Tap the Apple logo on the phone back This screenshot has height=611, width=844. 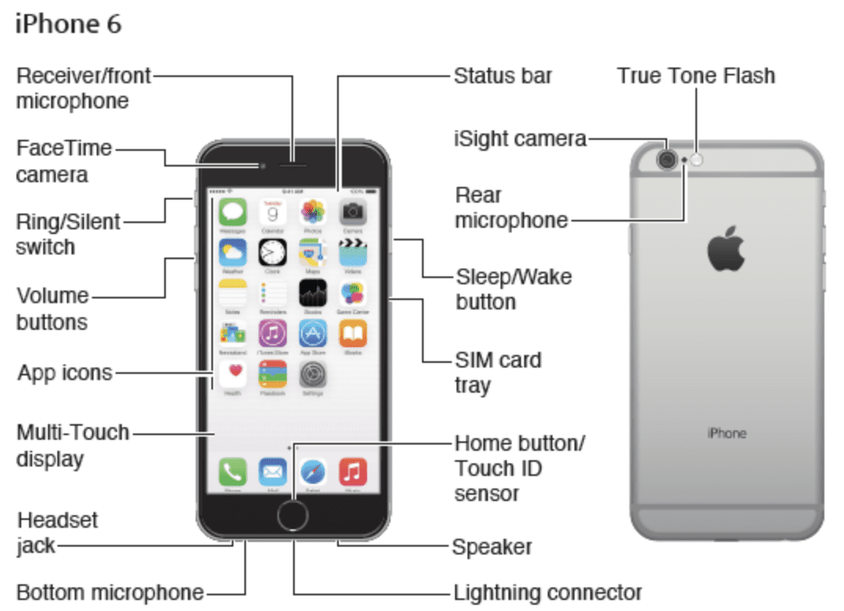(725, 250)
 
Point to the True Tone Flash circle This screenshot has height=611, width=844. (696, 160)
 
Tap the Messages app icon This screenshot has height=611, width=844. (233, 212)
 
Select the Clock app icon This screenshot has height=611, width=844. (273, 253)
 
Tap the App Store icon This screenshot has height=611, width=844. (313, 334)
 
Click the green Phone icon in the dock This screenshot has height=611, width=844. (233, 471)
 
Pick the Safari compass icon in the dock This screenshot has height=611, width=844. (313, 471)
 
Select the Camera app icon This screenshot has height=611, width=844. (353, 212)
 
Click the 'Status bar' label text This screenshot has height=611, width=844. (503, 76)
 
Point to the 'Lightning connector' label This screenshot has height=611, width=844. (548, 592)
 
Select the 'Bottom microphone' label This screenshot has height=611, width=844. (110, 593)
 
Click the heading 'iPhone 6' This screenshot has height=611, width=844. (68, 24)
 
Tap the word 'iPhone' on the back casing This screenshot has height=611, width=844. (726, 433)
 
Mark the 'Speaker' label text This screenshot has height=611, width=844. (492, 547)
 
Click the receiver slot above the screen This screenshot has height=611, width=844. (293, 166)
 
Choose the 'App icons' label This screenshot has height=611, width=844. (65, 372)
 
